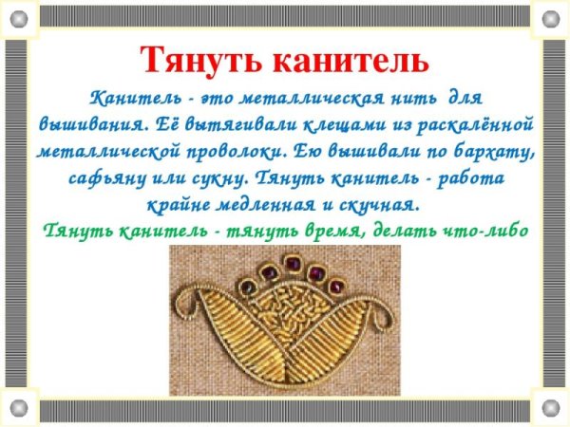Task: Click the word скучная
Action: pos(378,204)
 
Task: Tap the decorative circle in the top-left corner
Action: pos(18,17)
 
